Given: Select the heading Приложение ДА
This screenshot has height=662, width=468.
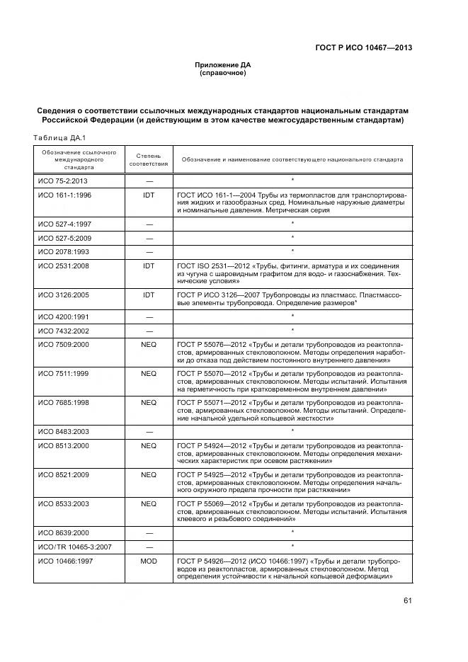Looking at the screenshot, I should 223,64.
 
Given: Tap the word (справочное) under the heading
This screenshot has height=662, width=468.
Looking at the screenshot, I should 223,72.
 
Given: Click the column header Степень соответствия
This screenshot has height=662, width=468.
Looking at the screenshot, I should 149,159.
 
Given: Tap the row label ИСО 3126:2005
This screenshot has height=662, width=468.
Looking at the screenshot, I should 64,294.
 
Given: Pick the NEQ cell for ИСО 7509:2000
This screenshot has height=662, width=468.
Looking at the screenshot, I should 149,343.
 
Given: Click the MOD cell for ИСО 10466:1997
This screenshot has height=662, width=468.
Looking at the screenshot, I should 149,561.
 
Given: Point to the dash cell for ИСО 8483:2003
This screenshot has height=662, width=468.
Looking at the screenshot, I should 149,430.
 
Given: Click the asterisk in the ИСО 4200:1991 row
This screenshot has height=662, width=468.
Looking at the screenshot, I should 292,316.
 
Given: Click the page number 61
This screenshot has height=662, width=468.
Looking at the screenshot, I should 407,601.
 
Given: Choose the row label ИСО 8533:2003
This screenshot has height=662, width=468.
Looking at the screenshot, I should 64,503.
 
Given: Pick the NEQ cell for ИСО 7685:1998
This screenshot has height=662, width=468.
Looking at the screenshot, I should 149,402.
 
